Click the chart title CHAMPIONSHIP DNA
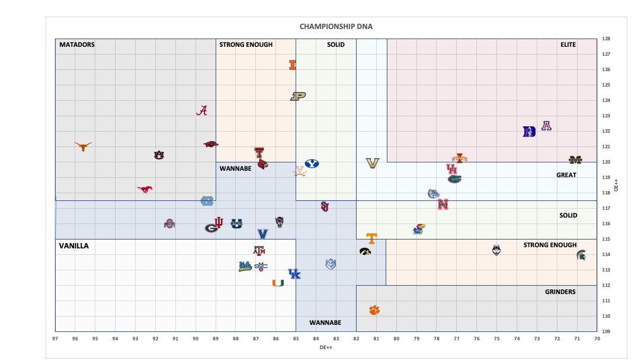pos(336,27)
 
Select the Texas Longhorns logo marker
pos(84,146)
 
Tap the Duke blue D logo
pos(529,132)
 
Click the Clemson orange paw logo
pos(374,309)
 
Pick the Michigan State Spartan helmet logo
pos(582,255)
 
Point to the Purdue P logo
pos(298,96)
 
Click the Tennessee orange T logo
pos(371,238)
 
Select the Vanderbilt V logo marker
pos(372,163)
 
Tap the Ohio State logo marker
pos(171,224)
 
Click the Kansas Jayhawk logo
pos(419,229)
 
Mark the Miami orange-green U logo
pos(278,283)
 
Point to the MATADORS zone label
pos(76,44)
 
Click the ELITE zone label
pos(568,44)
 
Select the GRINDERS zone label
pos(560,292)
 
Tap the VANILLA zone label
pos(73,245)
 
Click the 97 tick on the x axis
pos(55,339)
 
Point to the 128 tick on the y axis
pos(606,39)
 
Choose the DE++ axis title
pos(325,347)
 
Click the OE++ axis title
pos(617,185)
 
